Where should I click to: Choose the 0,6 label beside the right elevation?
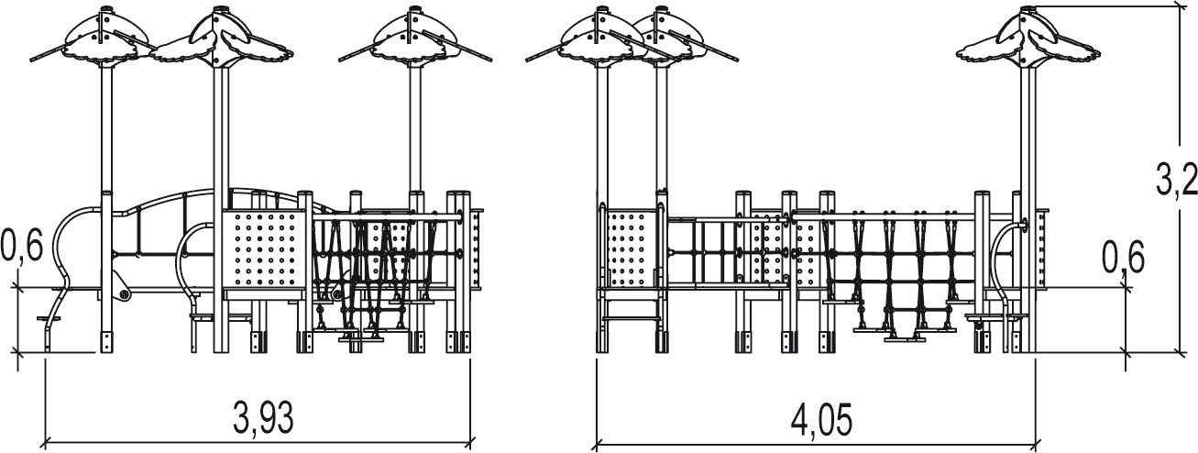coord(1123,258)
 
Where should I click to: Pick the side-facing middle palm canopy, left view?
coord(220,39)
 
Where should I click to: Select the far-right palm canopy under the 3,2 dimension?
coord(1028,39)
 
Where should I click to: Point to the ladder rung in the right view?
coord(630,318)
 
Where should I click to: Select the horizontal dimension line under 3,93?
coord(258,442)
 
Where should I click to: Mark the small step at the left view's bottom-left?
coord(49,319)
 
